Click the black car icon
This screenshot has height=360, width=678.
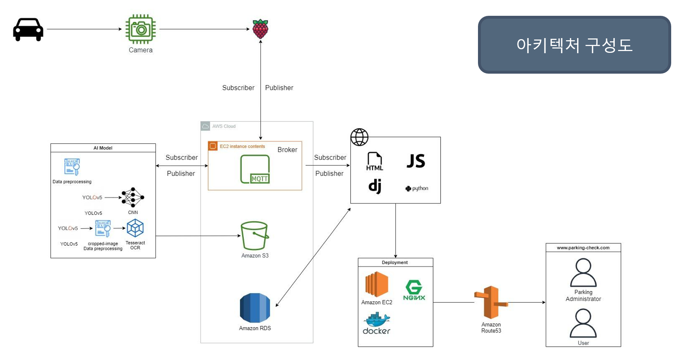coord(28,29)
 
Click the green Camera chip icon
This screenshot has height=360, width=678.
coord(140,29)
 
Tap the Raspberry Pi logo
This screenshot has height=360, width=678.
coord(260,29)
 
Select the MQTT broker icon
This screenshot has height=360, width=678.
coord(255,169)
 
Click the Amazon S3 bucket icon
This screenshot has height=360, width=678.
coord(255,236)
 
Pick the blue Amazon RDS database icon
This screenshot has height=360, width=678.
coord(255,308)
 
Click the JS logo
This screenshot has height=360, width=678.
coord(416,161)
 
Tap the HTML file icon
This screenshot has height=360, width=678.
coord(375,161)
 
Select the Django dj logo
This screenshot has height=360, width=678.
coord(375,186)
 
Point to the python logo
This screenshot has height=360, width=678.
coord(417,188)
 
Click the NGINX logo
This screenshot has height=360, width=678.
coord(414,290)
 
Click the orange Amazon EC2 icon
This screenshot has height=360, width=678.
coord(377,284)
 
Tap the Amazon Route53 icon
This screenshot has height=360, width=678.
coord(491,303)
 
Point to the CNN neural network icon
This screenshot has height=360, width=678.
coord(133,197)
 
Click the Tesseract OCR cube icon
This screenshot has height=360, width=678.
coord(135,228)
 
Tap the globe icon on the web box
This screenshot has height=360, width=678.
coord(359,137)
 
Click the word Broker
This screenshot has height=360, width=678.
coord(287,150)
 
